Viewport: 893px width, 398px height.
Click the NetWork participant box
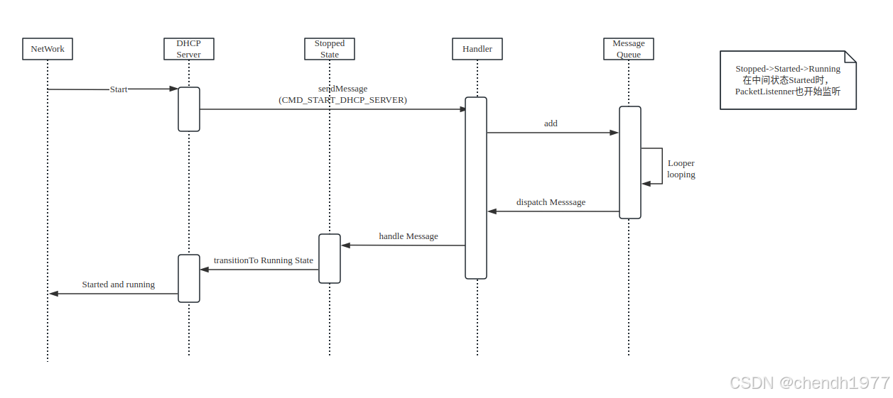(48, 49)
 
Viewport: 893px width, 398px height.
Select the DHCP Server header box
(188, 49)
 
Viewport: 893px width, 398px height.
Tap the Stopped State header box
(330, 49)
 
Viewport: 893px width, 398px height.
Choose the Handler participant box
(477, 49)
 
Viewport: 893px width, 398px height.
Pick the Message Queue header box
(628, 49)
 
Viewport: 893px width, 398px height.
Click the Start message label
(119, 89)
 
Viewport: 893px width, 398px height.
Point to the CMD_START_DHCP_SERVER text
(342, 100)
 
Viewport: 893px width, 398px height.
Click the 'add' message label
(551, 123)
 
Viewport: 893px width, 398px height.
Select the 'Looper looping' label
(681, 169)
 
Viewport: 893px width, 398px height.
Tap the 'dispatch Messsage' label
(551, 202)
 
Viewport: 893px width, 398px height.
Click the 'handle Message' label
(408, 236)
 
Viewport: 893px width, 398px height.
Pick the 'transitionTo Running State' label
(264, 260)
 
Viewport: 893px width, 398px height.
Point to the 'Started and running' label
(119, 284)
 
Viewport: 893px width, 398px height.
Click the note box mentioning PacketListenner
(787, 80)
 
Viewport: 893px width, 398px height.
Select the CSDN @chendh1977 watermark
(809, 383)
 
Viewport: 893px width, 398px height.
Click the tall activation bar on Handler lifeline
(476, 188)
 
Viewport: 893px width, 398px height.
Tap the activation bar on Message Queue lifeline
(629, 162)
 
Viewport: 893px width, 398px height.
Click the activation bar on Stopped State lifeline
(330, 258)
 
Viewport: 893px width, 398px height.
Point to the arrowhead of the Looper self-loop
(646, 184)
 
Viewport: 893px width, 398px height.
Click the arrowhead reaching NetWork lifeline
(53, 294)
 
